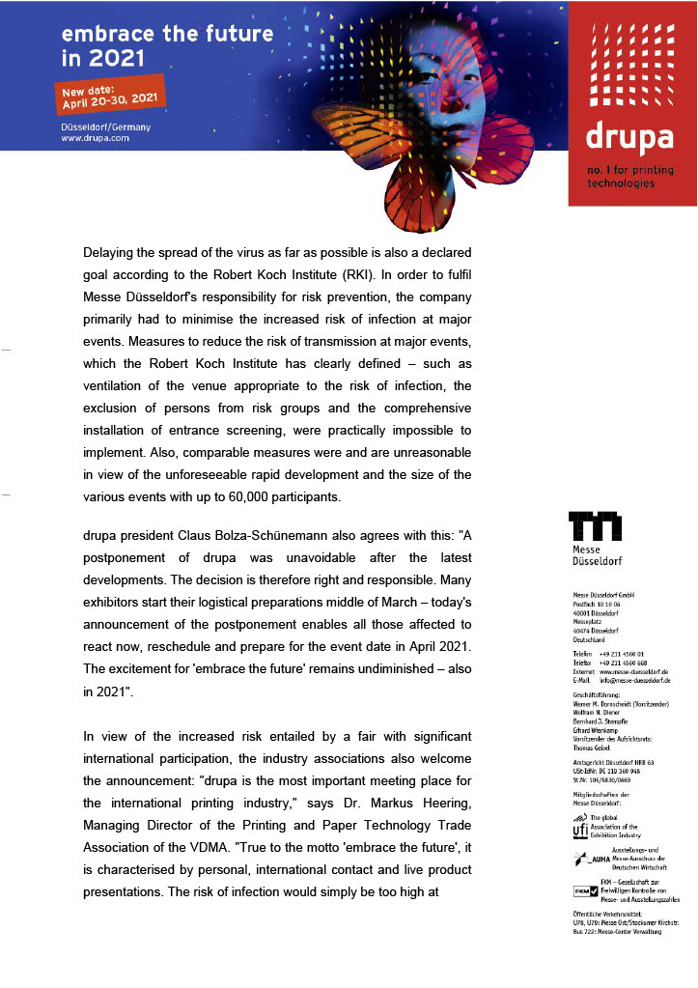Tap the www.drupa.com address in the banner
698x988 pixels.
[x=95, y=139]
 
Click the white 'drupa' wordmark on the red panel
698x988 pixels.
[x=628, y=138]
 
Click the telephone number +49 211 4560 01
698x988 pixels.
[x=621, y=654]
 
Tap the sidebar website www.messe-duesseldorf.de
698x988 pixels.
[x=633, y=671]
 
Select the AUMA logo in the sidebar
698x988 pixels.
[x=589, y=856]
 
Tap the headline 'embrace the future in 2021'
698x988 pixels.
[x=166, y=44]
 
